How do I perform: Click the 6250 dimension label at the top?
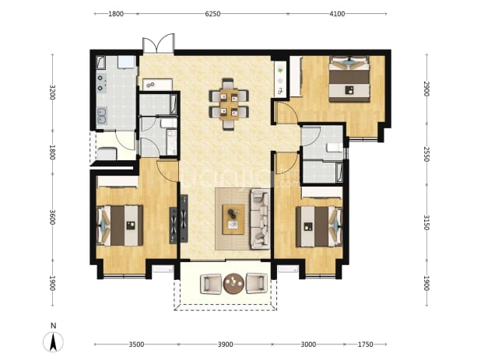[x=212, y=14]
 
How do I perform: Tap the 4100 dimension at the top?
[x=337, y=14]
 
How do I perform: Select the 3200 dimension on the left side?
[x=52, y=92]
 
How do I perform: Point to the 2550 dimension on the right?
[x=427, y=154]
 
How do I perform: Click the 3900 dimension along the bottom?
[x=226, y=344]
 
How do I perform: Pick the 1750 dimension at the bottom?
[x=365, y=344]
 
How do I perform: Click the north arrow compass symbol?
[x=54, y=341]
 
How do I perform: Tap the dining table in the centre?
[x=229, y=104]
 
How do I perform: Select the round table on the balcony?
[x=233, y=283]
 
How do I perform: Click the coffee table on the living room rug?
[x=233, y=219]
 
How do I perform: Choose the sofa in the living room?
[x=260, y=219]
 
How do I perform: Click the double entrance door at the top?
[x=159, y=44]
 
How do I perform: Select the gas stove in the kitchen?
[x=101, y=82]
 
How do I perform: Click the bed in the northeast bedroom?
[x=349, y=79]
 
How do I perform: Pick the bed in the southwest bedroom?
[x=120, y=225]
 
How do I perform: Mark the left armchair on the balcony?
[x=211, y=284]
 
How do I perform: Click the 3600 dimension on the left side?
[x=52, y=217]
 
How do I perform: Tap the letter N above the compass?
[x=54, y=326]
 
